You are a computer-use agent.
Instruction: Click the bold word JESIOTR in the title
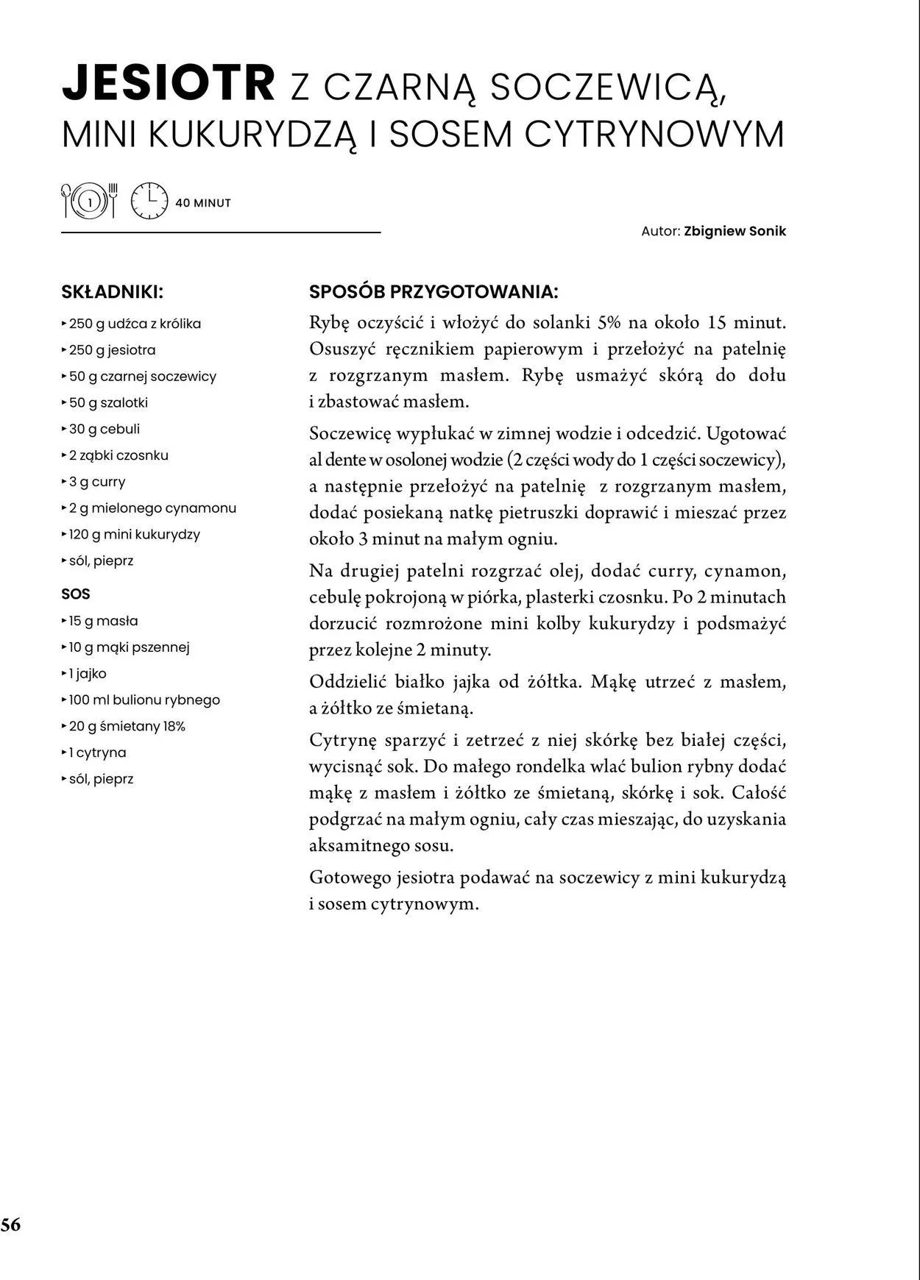pos(169,85)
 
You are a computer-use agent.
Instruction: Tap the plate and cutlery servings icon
pos(89,201)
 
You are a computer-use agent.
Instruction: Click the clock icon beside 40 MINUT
pos(149,201)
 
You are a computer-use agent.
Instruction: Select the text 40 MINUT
pos(203,203)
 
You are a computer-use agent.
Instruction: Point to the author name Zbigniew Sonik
pos(735,231)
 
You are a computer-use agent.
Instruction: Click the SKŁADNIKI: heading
pos(112,292)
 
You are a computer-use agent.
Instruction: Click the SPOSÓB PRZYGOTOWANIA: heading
pos(434,292)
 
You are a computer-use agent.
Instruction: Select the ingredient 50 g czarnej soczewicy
pos(143,377)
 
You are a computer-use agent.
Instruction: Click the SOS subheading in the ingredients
pos(76,594)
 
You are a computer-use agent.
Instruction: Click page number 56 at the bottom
pos(11,1225)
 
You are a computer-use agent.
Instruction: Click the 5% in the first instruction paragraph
pos(609,323)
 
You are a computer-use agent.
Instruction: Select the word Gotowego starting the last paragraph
pos(350,878)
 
